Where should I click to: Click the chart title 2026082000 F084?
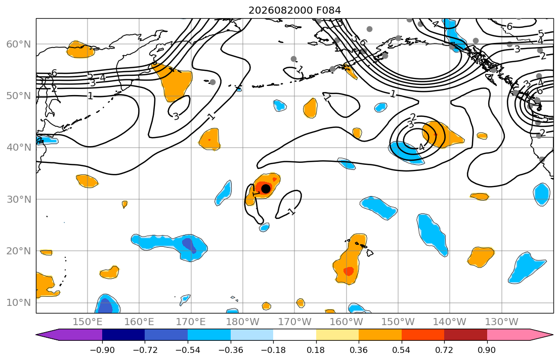[x=294, y=10]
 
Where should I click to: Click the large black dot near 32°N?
[x=266, y=189]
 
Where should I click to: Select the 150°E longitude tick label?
[x=88, y=322]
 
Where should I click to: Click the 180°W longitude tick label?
[x=243, y=322]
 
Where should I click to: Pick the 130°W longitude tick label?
[x=502, y=322]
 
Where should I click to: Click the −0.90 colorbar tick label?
[x=102, y=350]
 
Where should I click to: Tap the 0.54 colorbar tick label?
[x=402, y=350]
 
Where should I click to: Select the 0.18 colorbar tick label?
[x=316, y=350]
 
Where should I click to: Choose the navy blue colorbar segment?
[x=123, y=335]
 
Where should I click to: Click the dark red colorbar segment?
[x=465, y=335]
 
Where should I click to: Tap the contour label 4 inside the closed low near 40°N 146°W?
[x=422, y=147]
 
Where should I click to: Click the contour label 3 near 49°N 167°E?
[x=176, y=116]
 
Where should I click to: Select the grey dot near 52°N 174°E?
[x=212, y=82]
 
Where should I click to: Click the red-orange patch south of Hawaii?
[x=349, y=271]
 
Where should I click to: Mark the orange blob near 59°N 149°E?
[x=81, y=50]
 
